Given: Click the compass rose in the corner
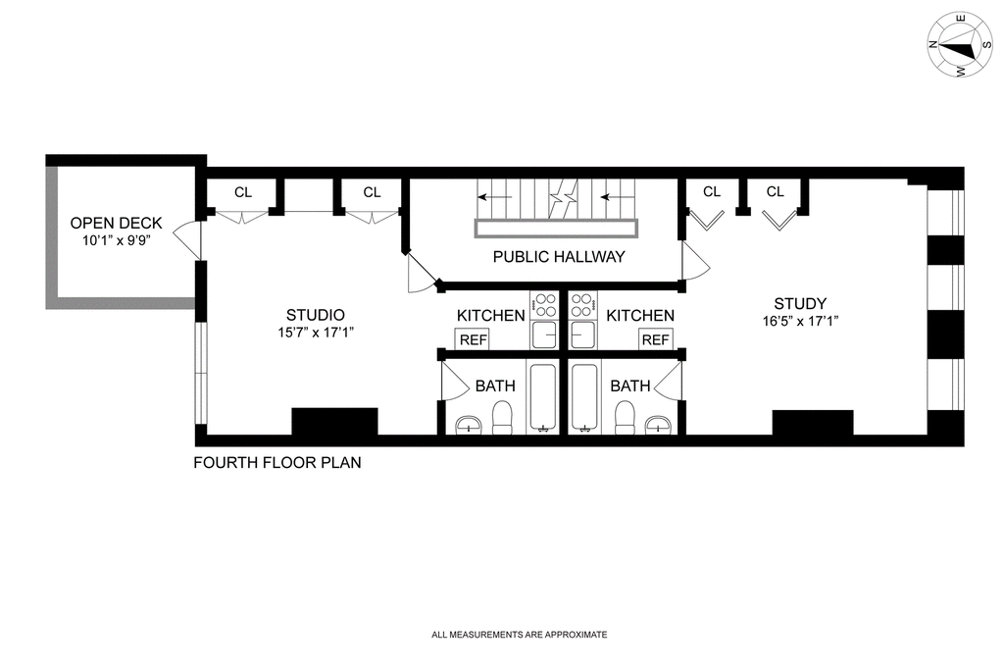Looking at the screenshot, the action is click(960, 45).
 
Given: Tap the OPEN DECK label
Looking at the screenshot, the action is click(116, 223).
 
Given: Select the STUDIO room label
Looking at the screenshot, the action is click(315, 315).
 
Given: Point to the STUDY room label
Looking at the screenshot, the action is click(800, 303).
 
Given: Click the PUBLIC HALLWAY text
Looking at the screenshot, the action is click(558, 257).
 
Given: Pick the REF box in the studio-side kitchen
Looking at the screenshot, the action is click(474, 339).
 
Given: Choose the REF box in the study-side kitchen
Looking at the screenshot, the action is click(655, 339).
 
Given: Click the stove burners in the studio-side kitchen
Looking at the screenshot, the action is click(545, 305).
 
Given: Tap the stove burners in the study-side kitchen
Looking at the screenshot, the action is click(582, 305).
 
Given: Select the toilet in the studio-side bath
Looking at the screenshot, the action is click(502, 418).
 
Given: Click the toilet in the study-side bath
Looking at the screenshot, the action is click(624, 418).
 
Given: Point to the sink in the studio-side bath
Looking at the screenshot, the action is click(469, 424).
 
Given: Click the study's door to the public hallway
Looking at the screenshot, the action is click(696, 261).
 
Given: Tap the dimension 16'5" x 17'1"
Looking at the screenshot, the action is click(800, 321).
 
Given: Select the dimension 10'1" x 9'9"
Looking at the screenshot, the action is click(116, 241).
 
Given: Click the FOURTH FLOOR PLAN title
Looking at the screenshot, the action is click(277, 462).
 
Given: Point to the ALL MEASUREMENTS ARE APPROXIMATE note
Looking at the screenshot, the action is click(520, 635).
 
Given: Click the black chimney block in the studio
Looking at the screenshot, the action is click(335, 422).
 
